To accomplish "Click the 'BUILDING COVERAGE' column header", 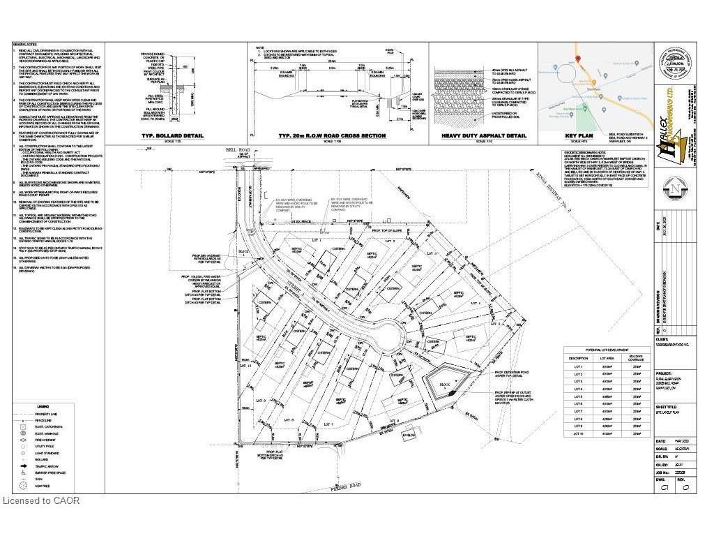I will coord(636,358).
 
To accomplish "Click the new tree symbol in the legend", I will coord(24,486).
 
